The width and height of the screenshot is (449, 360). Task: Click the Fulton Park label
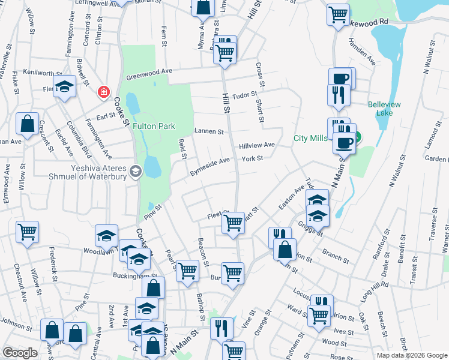pos(154,126)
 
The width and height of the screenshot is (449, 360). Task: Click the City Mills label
pos(310,138)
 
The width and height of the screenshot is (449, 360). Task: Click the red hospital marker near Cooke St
pos(104,92)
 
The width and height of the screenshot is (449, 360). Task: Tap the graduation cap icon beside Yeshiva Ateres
pos(136,172)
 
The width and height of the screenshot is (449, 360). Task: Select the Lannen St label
pos(209,131)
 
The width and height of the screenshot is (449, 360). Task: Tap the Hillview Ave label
pos(257,145)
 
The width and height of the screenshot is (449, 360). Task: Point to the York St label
pos(253,158)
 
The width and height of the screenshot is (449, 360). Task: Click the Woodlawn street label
pos(98,251)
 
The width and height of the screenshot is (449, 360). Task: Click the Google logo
pos(20,353)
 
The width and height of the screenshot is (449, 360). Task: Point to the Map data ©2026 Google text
pos(411,355)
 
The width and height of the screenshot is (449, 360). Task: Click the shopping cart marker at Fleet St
pos(233,222)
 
